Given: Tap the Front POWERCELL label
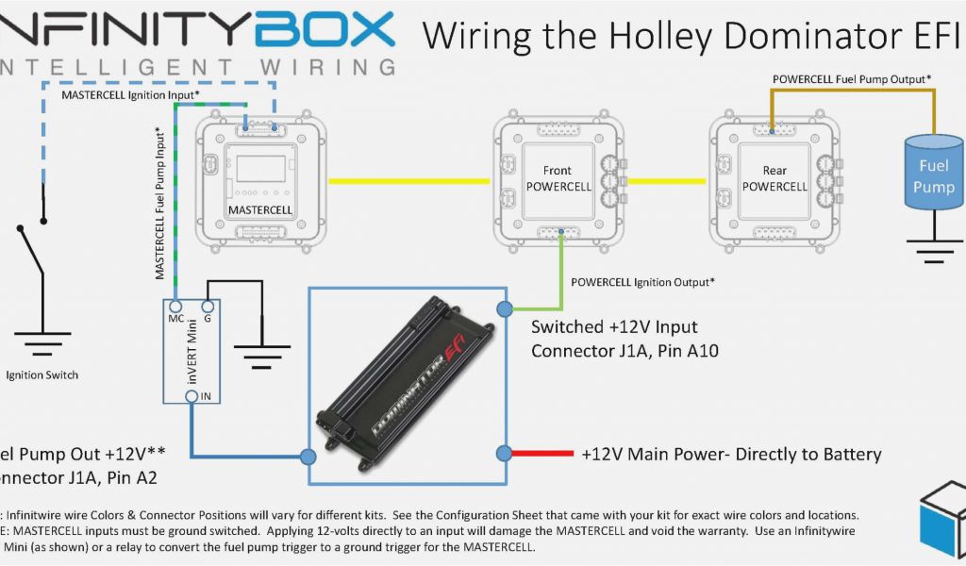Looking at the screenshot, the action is (x=558, y=178).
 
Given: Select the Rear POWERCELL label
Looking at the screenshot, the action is (x=774, y=178).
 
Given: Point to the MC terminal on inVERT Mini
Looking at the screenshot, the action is (x=175, y=306).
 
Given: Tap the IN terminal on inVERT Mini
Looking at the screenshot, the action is (x=192, y=397).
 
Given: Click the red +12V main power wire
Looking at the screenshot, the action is (x=539, y=454).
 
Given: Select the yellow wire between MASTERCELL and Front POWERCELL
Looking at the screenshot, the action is (x=409, y=180).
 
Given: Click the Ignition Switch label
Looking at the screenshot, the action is (x=42, y=375).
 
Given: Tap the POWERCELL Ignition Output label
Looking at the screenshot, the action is (x=642, y=281).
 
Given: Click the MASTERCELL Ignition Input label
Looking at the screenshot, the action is (x=130, y=95).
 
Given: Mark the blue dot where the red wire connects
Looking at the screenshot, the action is (x=505, y=453).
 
